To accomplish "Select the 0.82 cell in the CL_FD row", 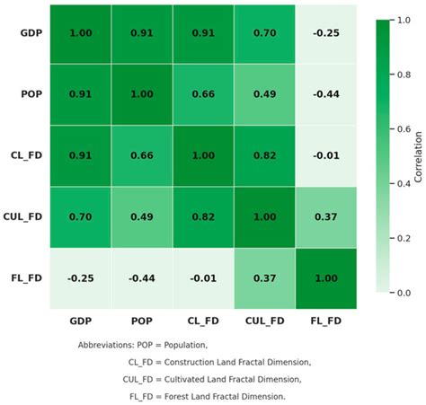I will pyautogui.click(x=264, y=155).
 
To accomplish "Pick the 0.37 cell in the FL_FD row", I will pyautogui.click(x=264, y=277).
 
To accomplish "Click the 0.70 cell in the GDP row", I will pyautogui.click(x=264, y=33).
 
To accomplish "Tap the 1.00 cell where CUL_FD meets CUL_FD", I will pyautogui.click(x=264, y=216).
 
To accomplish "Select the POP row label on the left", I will pyautogui.click(x=32, y=94).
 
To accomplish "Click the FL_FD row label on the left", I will pyautogui.click(x=30, y=277).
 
